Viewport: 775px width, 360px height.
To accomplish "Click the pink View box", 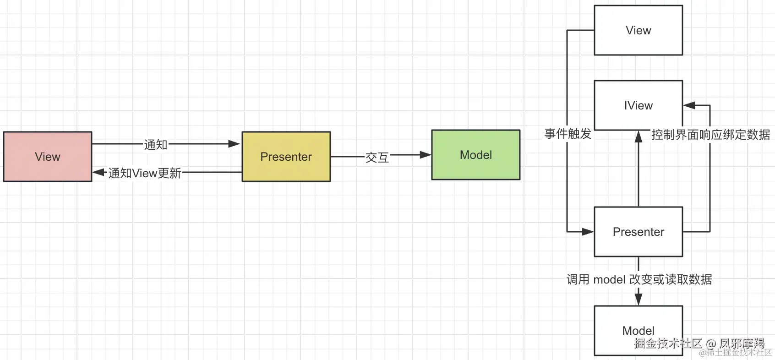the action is tap(48, 156).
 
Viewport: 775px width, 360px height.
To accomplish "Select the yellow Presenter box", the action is tap(286, 156).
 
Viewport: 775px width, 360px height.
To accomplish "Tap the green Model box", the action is tap(476, 155).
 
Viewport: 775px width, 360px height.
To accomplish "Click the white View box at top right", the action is tap(639, 30).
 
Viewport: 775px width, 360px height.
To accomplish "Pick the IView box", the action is tap(639, 105).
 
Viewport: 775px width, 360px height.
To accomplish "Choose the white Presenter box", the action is tap(639, 232).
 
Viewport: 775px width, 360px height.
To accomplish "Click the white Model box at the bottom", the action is tap(639, 331).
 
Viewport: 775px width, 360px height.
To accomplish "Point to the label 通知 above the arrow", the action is tap(156, 144).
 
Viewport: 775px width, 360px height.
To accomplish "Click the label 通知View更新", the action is tap(145, 173).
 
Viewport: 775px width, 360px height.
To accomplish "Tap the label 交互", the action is tap(377, 158).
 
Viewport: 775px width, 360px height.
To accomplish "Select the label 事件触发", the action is tap(568, 134).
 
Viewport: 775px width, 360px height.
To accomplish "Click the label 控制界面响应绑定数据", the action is tap(711, 135).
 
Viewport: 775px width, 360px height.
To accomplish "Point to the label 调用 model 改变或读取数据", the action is tap(639, 279).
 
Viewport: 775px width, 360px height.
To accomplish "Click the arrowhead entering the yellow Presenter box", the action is tap(234, 143).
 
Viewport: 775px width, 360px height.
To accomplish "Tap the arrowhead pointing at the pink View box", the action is tap(99, 172).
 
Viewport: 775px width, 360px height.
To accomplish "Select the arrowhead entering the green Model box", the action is tap(425, 155).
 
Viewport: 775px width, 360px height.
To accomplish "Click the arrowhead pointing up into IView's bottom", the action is tap(639, 136).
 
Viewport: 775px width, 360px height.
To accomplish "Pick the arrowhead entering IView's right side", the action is tap(689, 105).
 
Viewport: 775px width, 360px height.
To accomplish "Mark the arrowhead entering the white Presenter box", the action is tap(588, 232).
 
